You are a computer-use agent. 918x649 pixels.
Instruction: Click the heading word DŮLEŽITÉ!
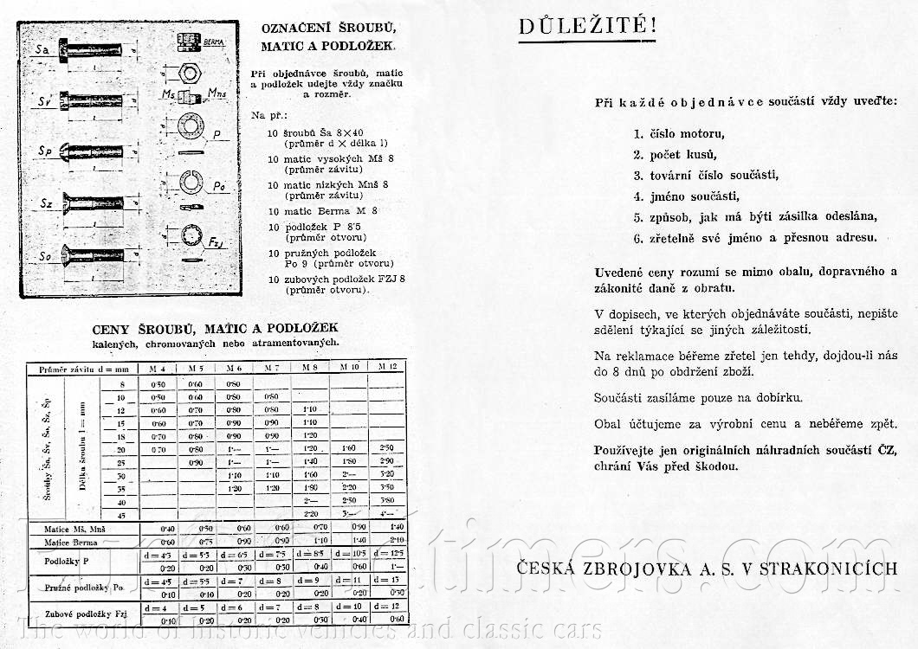coord(587,27)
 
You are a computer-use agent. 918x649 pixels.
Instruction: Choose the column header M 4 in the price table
coord(158,369)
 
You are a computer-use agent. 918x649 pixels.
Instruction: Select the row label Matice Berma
coord(68,541)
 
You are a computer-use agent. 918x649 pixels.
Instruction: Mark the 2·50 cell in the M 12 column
coord(388,449)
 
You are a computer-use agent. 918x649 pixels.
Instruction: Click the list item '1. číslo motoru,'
coord(678,134)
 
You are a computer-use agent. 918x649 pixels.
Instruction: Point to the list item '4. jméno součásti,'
coord(685,196)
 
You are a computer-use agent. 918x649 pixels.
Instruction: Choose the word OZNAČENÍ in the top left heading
coord(294,28)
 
